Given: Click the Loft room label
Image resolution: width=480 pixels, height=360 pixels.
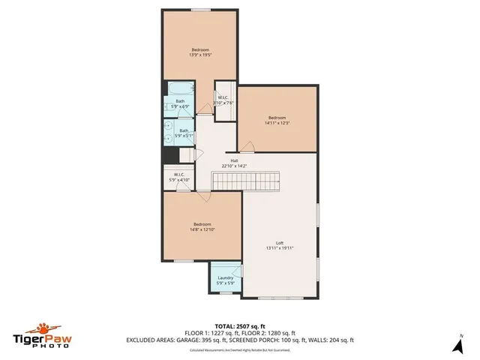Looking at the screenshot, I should pyautogui.click(x=279, y=242).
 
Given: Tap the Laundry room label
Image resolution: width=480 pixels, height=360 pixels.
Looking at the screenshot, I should pyautogui.click(x=225, y=277).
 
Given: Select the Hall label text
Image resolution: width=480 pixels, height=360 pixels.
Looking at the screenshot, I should pyautogui.click(x=234, y=160).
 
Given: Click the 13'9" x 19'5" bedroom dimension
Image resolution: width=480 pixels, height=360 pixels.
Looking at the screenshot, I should pyautogui.click(x=199, y=55).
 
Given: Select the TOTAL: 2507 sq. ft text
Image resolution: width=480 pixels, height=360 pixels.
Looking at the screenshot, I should pyautogui.click(x=240, y=326).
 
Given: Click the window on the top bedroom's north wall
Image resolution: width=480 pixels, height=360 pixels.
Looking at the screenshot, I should pyautogui.click(x=200, y=10).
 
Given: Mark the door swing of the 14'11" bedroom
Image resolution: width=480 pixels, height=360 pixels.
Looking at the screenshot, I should pyautogui.click(x=246, y=145).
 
